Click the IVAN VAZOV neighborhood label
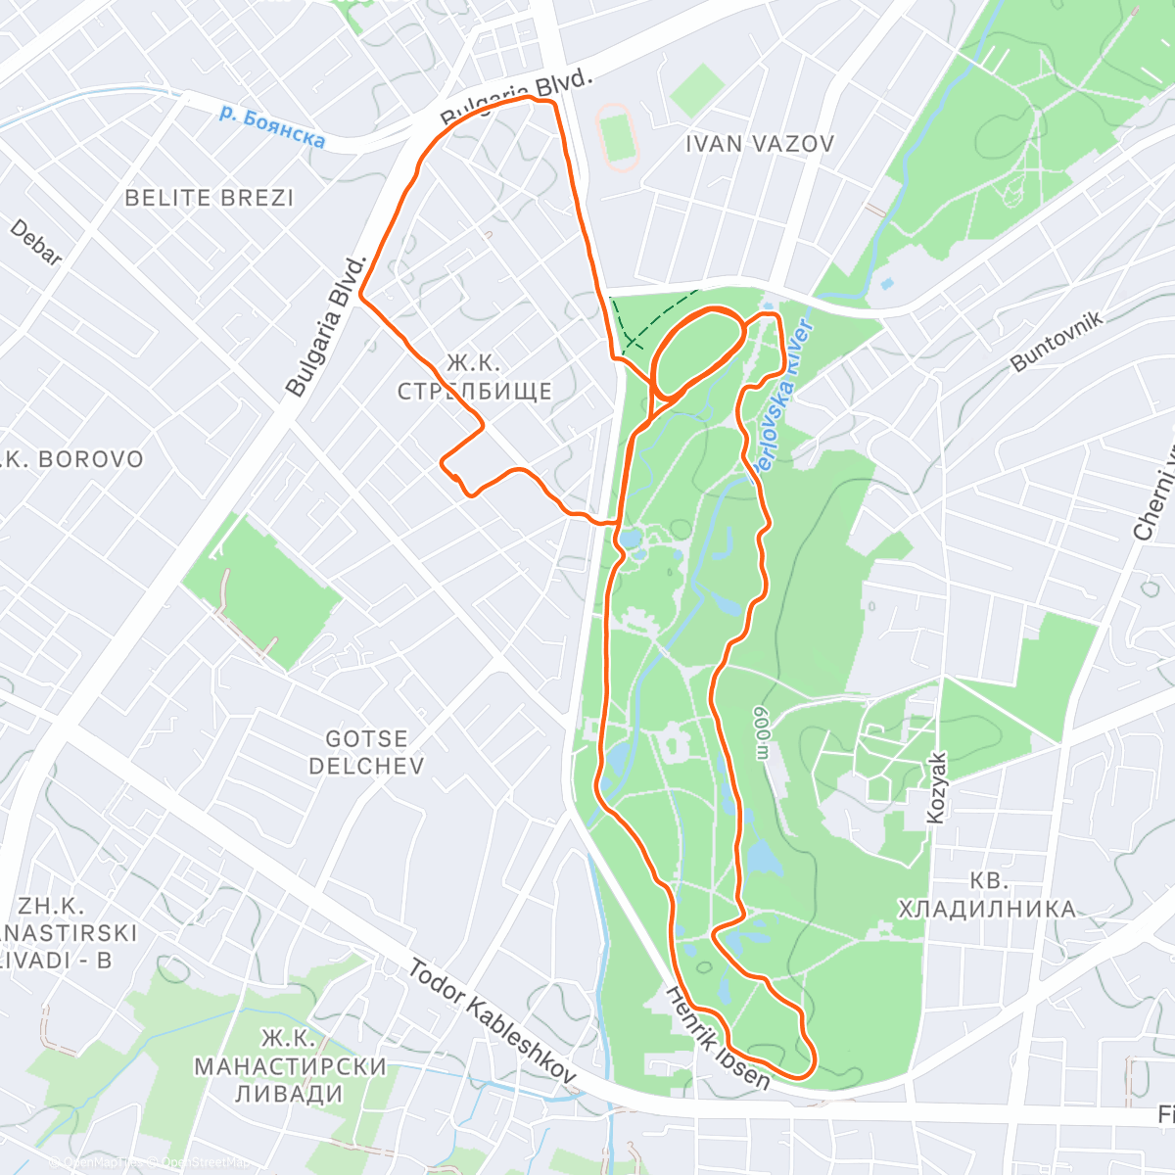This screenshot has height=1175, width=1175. (759, 144)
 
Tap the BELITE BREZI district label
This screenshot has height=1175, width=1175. (210, 198)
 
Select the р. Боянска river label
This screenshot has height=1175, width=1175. (271, 127)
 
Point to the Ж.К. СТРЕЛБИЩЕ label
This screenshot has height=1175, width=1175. (475, 377)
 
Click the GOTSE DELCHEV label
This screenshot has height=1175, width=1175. (367, 752)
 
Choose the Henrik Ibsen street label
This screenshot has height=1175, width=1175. (718, 1038)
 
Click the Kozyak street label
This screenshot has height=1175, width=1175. (937, 787)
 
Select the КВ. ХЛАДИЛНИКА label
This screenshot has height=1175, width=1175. (987, 895)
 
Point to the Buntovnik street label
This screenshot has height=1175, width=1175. (1057, 341)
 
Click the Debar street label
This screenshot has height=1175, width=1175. (36, 242)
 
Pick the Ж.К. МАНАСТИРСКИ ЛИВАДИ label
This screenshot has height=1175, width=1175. (290, 1065)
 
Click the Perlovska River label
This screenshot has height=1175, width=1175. (783, 397)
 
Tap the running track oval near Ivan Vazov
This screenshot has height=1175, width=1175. (617, 138)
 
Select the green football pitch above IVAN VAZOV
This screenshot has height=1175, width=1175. (697, 90)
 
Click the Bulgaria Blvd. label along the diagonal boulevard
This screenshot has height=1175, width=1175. (326, 326)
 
